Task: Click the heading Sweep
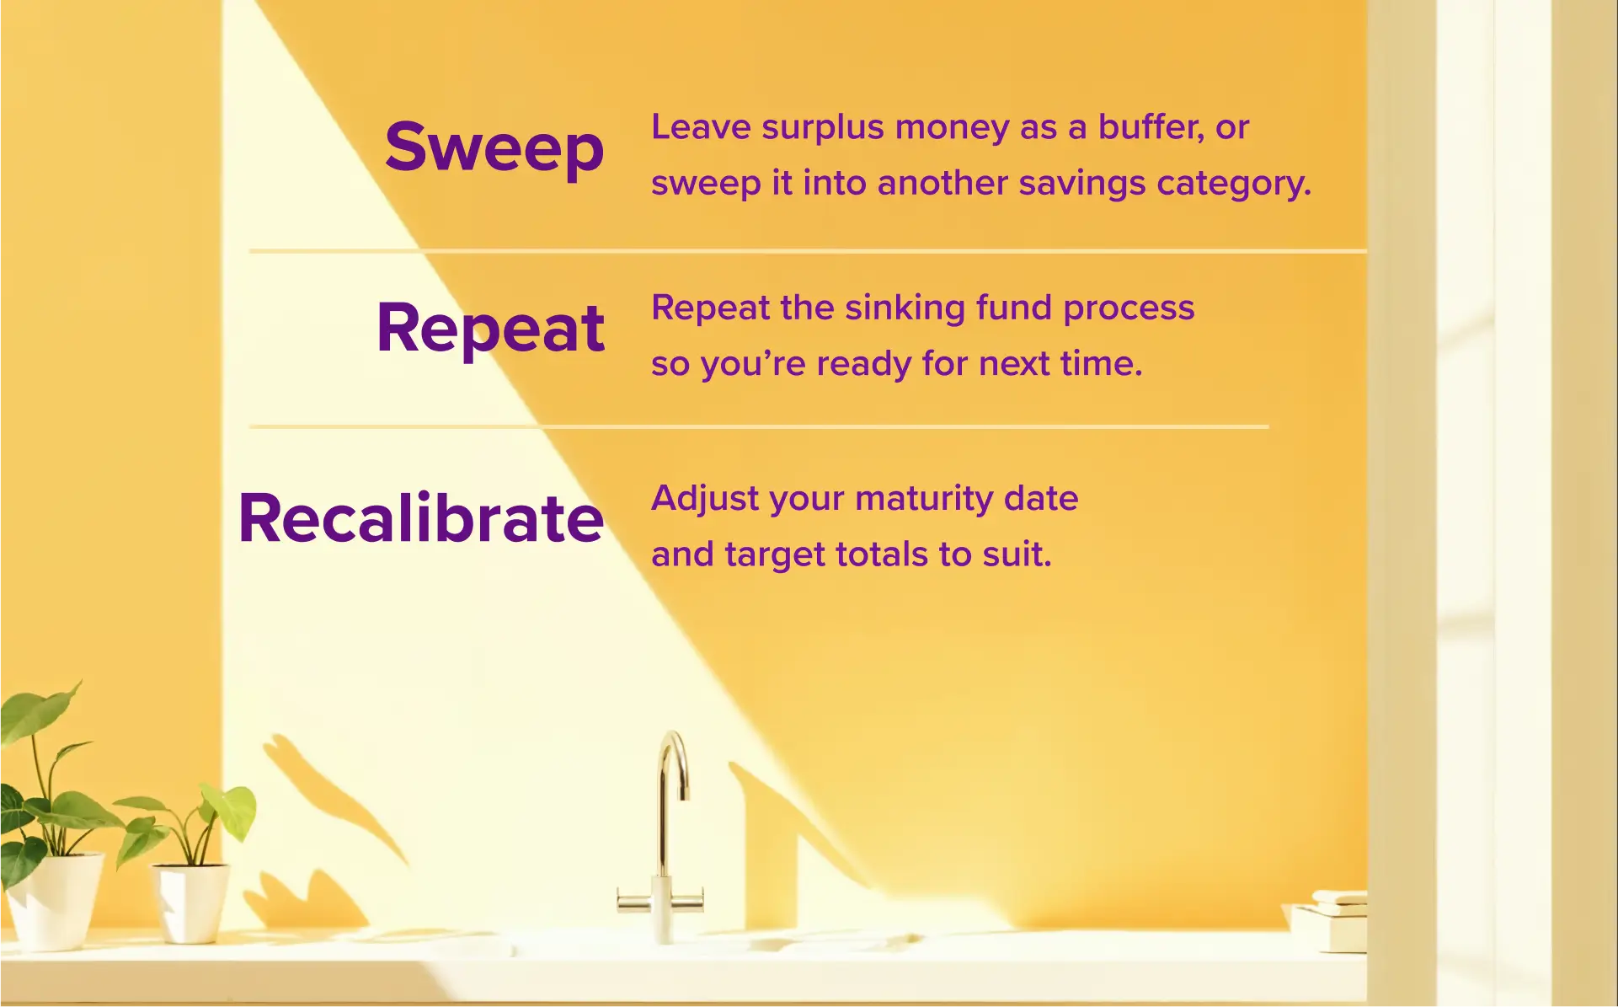pyautogui.click(x=494, y=147)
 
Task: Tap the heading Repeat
pyautogui.click(x=490, y=329)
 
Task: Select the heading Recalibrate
pyautogui.click(x=421, y=518)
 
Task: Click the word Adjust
pyautogui.click(x=705, y=499)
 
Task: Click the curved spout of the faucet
pyautogui.click(x=672, y=758)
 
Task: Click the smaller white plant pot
pyautogui.click(x=192, y=902)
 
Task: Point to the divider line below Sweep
pyautogui.click(x=807, y=251)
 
